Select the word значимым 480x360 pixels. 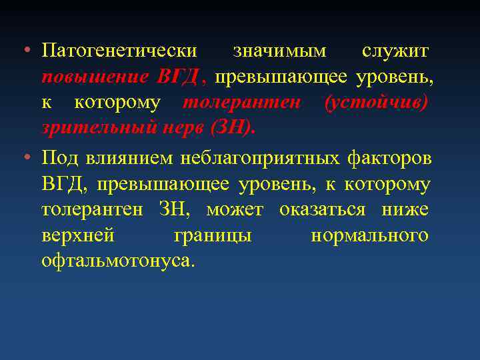[280, 51]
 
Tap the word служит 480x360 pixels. [395, 51]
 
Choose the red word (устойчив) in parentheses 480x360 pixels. [376, 103]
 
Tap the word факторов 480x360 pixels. [389, 158]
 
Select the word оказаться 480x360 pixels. [323, 210]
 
